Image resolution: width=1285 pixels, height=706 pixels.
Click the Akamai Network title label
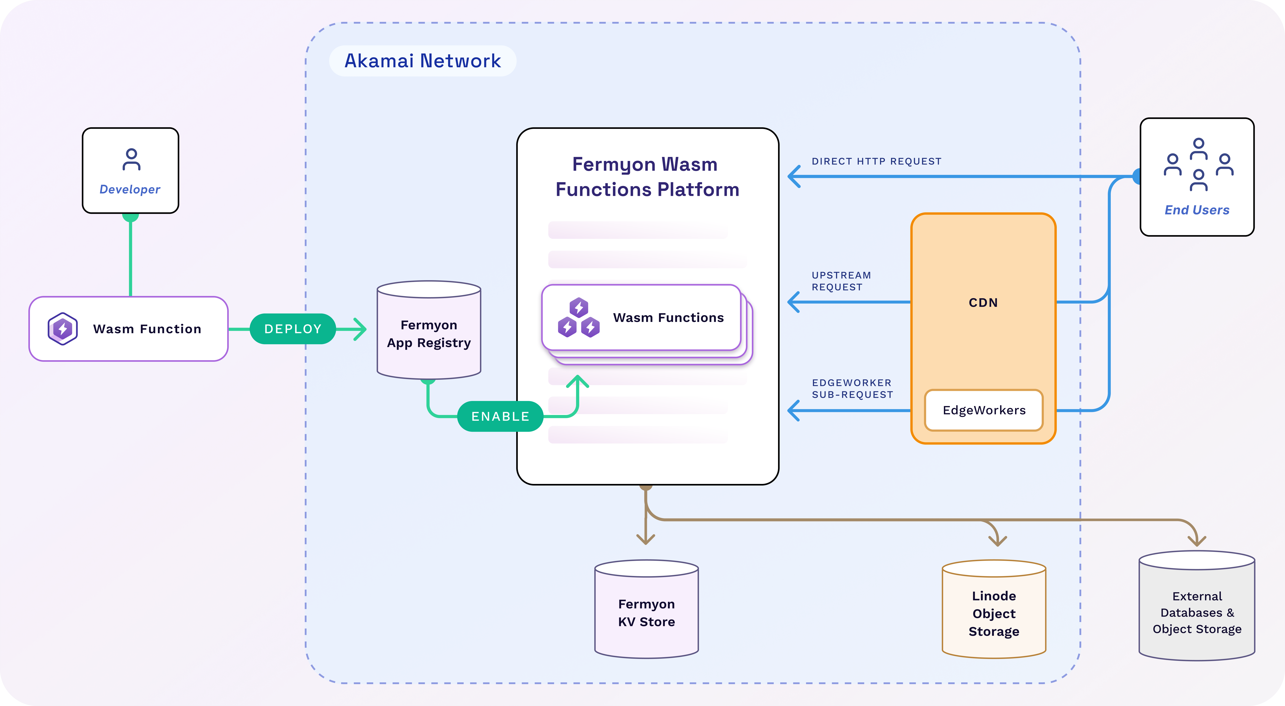tap(422, 61)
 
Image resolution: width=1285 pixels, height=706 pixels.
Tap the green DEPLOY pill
tap(293, 329)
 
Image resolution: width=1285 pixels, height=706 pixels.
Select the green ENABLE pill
tap(500, 416)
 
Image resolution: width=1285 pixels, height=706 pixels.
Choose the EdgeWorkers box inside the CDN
tap(984, 410)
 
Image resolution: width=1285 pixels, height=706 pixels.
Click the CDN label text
tap(983, 303)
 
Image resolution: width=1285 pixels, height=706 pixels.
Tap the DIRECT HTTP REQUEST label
tap(876, 161)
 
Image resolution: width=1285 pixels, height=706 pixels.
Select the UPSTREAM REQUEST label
tap(841, 281)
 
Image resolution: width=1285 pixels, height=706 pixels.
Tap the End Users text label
tap(1197, 210)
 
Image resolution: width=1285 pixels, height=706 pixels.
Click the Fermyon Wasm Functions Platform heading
tap(647, 177)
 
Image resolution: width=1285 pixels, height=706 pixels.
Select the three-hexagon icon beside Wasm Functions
tap(579, 318)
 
